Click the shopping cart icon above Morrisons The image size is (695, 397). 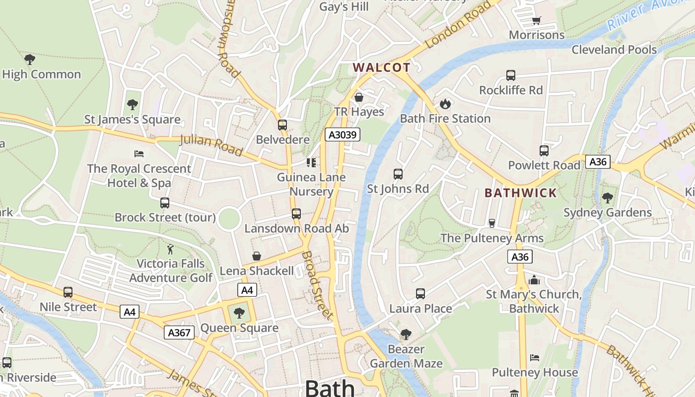[536, 20]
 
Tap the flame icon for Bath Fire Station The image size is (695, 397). [445, 104]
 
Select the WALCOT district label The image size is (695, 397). [381, 67]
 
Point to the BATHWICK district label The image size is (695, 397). [520, 193]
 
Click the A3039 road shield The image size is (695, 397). [342, 134]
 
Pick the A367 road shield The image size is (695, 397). [179, 332]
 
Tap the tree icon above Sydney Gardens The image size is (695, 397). [607, 198]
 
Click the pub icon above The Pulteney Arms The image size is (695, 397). [492, 223]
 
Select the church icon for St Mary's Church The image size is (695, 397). [534, 280]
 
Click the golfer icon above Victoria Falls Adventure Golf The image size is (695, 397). [171, 249]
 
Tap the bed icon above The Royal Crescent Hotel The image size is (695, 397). [139, 154]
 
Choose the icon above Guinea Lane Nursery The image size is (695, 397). [311, 163]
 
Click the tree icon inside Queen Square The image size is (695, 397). [239, 313]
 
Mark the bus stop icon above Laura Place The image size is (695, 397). [420, 294]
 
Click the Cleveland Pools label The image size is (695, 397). [614, 50]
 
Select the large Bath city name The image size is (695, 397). [330, 388]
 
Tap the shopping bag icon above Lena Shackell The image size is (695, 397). [257, 256]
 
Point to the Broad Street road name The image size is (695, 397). [317, 285]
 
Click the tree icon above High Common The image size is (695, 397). [30, 60]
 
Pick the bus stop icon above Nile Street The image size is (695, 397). [68, 292]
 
